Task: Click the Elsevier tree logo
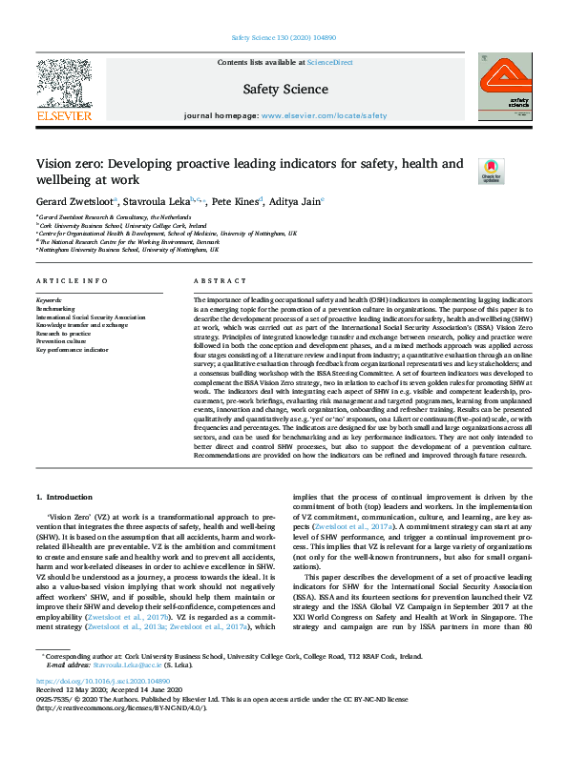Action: coord(63,83)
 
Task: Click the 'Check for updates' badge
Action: coord(491,170)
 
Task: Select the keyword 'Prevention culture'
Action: coord(62,342)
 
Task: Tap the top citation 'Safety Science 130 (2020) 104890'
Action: coord(283,38)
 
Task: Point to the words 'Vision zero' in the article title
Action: coord(66,164)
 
